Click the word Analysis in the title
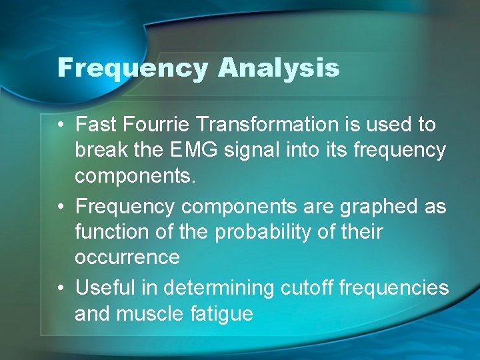pos(278,68)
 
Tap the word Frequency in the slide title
pos(132,68)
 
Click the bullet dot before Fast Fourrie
pos(61,125)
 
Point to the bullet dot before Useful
pos(61,289)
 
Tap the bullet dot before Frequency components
pos(61,207)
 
